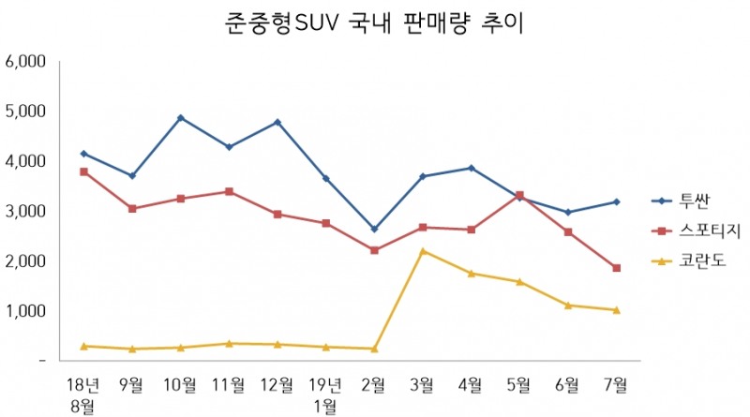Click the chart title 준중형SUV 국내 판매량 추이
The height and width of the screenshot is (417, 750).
pyautogui.click(x=374, y=22)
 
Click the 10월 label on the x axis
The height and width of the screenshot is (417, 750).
pyautogui.click(x=180, y=383)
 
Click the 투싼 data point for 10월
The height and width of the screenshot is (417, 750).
pyautogui.click(x=180, y=118)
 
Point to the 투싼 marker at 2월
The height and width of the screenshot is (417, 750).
pyautogui.click(x=374, y=229)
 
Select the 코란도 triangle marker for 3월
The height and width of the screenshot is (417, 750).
pyautogui.click(x=423, y=251)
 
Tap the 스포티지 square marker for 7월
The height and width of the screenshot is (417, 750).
pyautogui.click(x=616, y=268)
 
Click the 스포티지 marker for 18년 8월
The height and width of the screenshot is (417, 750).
pyautogui.click(x=83, y=171)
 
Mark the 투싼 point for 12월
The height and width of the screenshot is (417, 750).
pyautogui.click(x=277, y=123)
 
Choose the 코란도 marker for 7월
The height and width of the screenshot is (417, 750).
pyautogui.click(x=616, y=310)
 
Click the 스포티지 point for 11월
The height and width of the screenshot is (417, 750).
pyautogui.click(x=229, y=191)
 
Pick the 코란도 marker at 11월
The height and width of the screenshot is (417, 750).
pyautogui.click(x=229, y=344)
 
